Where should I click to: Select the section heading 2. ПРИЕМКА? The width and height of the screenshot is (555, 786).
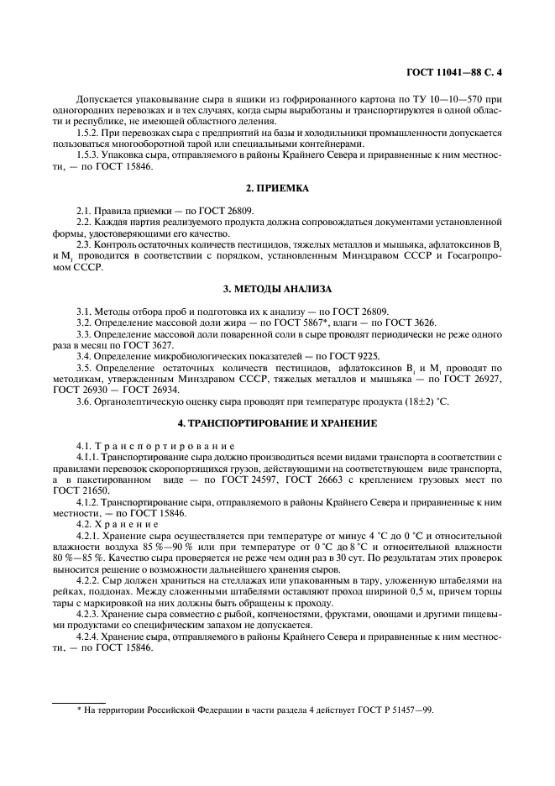[277, 189]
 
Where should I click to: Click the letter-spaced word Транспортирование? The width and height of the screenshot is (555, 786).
[160, 444]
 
